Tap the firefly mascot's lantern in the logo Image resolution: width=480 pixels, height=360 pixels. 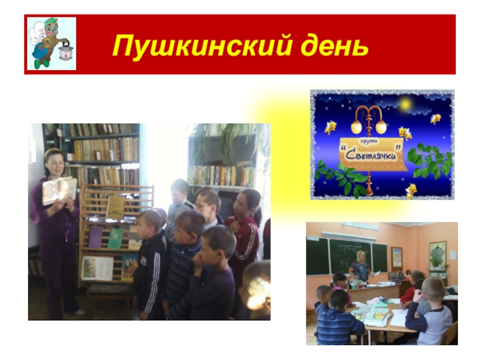tap(66, 50)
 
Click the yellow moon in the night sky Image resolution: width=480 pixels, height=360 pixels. tap(406, 104)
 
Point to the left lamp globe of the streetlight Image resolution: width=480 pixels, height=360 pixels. tap(356, 127)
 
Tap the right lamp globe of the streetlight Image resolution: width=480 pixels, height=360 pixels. tap(381, 127)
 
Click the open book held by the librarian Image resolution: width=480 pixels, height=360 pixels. tap(59, 190)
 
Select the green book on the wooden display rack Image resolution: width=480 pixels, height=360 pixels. tap(115, 238)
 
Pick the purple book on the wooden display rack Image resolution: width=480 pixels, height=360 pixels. tap(95, 236)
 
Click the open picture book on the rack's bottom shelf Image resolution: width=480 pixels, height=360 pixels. tap(97, 268)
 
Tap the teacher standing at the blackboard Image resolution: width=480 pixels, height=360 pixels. tap(360, 266)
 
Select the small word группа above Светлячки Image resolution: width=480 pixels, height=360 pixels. tap(370, 142)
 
